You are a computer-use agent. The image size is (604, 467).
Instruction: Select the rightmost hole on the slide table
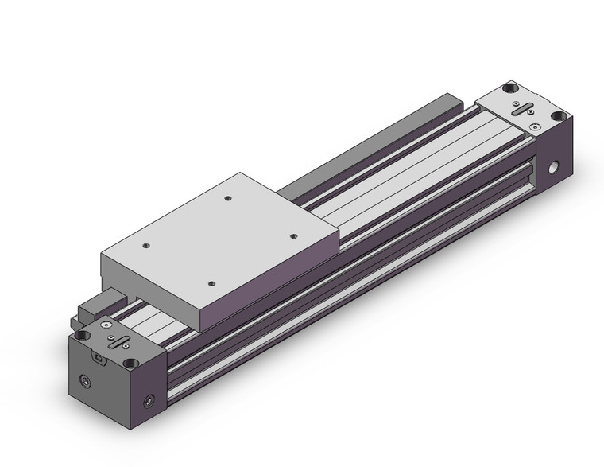coord(293,236)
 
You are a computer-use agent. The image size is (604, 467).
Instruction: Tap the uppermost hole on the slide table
coord(228,199)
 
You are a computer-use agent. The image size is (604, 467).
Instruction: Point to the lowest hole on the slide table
coord(211,282)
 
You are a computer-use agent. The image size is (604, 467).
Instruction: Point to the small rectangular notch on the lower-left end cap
coord(97,358)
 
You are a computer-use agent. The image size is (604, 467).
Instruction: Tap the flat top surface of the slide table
coord(223,239)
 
